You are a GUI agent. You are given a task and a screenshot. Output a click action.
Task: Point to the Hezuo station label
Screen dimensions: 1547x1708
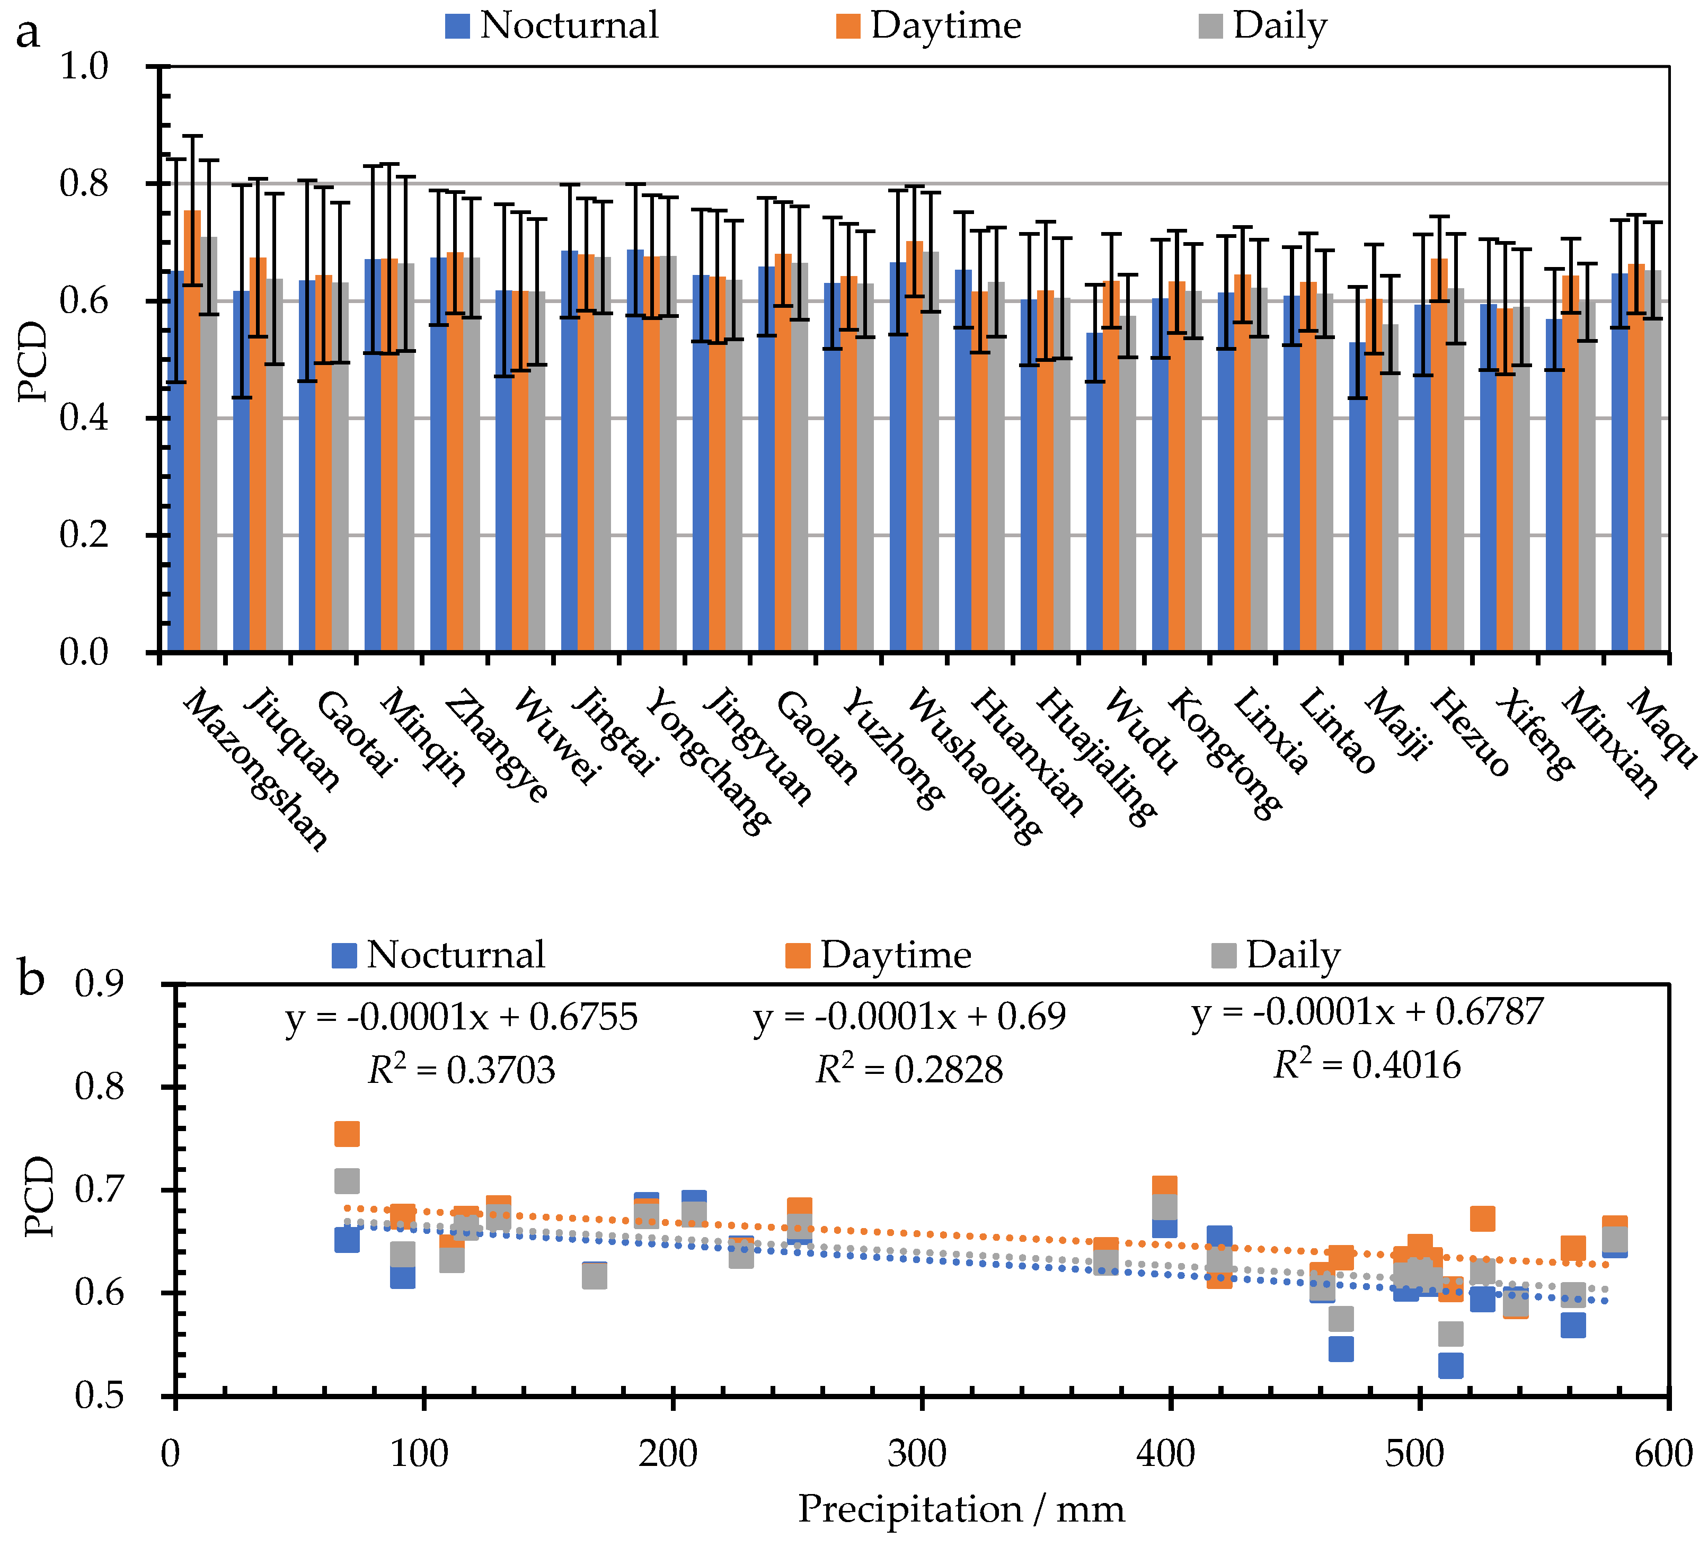click(1470, 733)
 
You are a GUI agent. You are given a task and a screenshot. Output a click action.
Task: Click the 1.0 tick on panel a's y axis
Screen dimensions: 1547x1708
click(85, 66)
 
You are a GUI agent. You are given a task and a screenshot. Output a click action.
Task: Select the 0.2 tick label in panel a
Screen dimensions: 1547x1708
click(85, 536)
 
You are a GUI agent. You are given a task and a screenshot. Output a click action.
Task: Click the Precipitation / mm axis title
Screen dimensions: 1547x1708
click(961, 1509)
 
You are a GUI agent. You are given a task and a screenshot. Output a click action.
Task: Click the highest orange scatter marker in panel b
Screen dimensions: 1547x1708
click(347, 1134)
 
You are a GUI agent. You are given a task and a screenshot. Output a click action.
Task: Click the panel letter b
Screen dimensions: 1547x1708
click(31, 980)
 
